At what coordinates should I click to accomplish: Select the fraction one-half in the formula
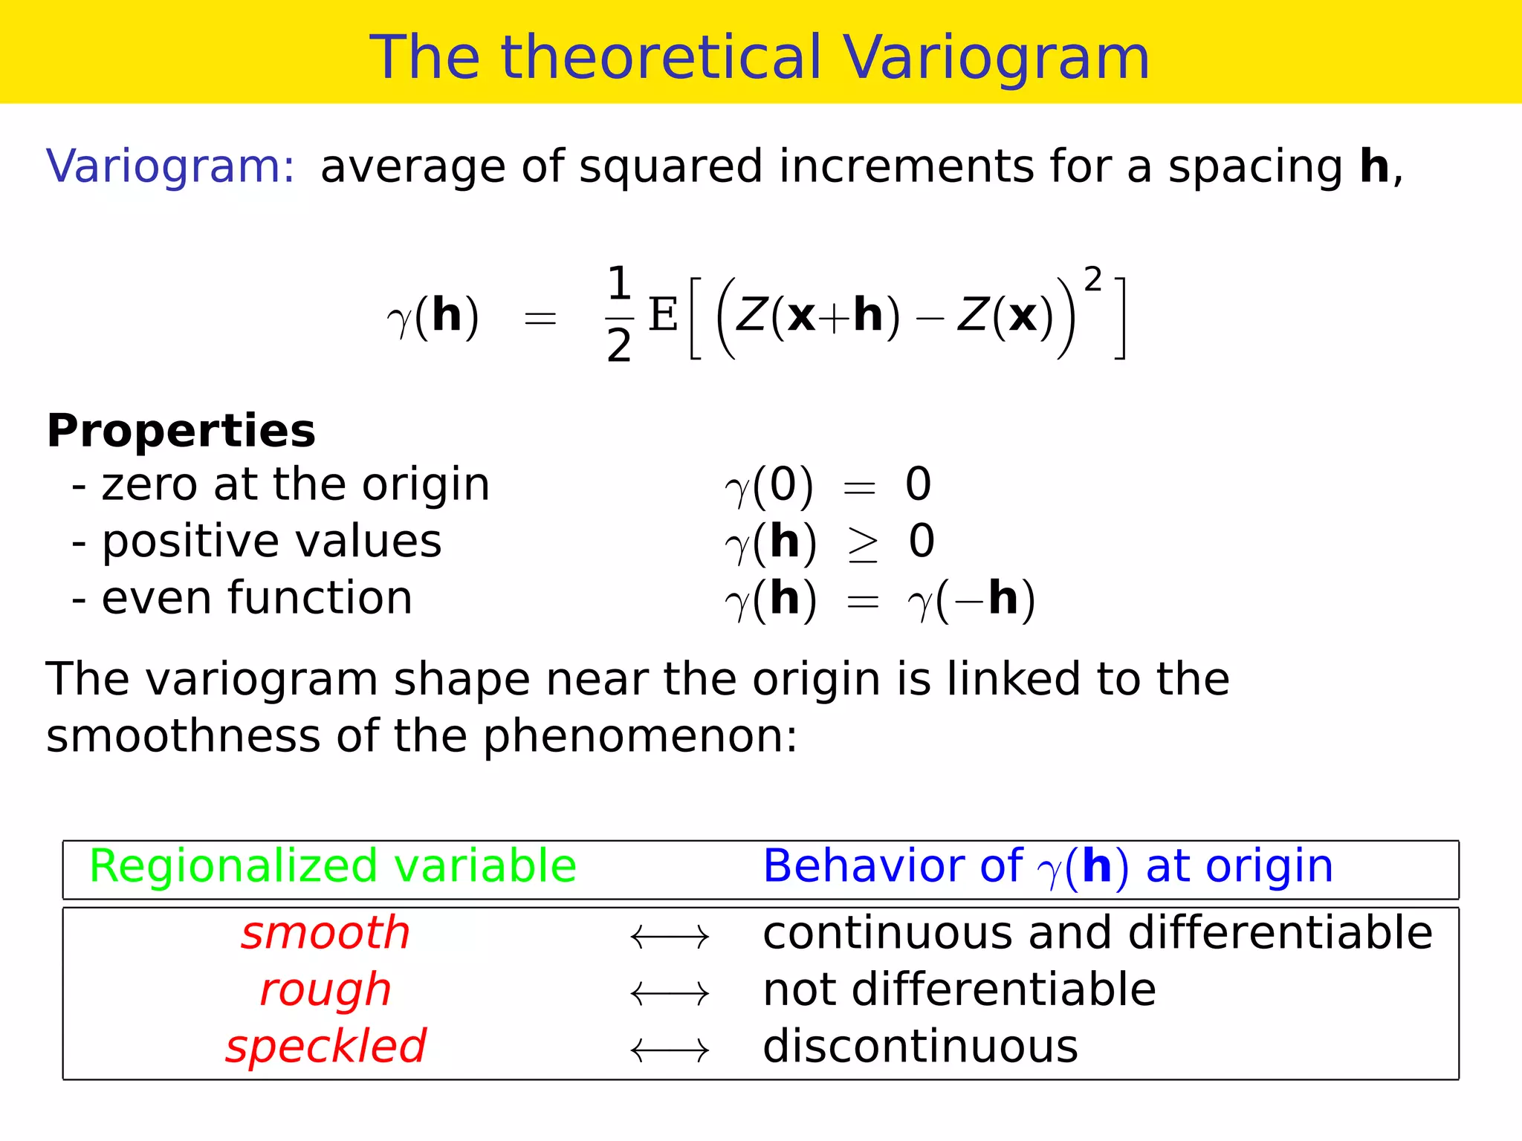point(618,316)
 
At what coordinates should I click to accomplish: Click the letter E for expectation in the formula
point(663,315)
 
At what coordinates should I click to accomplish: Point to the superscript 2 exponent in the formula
point(1092,280)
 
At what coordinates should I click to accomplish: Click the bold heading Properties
point(181,431)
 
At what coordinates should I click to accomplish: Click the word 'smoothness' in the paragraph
point(183,737)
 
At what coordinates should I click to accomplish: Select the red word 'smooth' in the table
point(326,934)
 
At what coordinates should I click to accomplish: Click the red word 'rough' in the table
point(326,991)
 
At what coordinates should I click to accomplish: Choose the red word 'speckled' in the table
point(326,1047)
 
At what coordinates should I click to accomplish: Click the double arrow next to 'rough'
point(670,993)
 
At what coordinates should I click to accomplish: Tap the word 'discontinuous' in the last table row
point(920,1047)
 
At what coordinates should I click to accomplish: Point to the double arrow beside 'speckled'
point(670,1050)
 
